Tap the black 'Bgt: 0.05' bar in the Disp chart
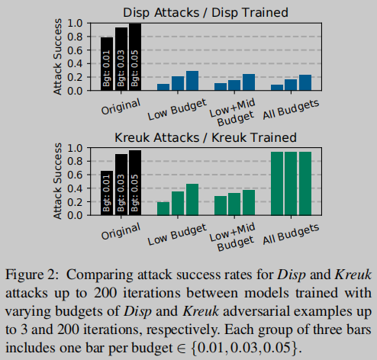136,57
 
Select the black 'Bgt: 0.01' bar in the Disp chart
107,64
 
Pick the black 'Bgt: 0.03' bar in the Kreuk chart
121,185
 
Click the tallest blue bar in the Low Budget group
192,81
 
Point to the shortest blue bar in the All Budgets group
277,87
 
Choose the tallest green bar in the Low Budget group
192,200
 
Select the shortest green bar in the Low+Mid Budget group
221,206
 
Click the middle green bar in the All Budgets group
292,184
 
